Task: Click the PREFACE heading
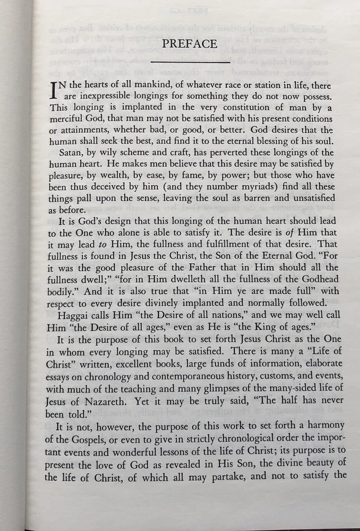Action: click(x=190, y=44)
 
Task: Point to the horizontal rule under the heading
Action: click(x=190, y=63)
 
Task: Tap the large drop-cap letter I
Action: click(x=54, y=90)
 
